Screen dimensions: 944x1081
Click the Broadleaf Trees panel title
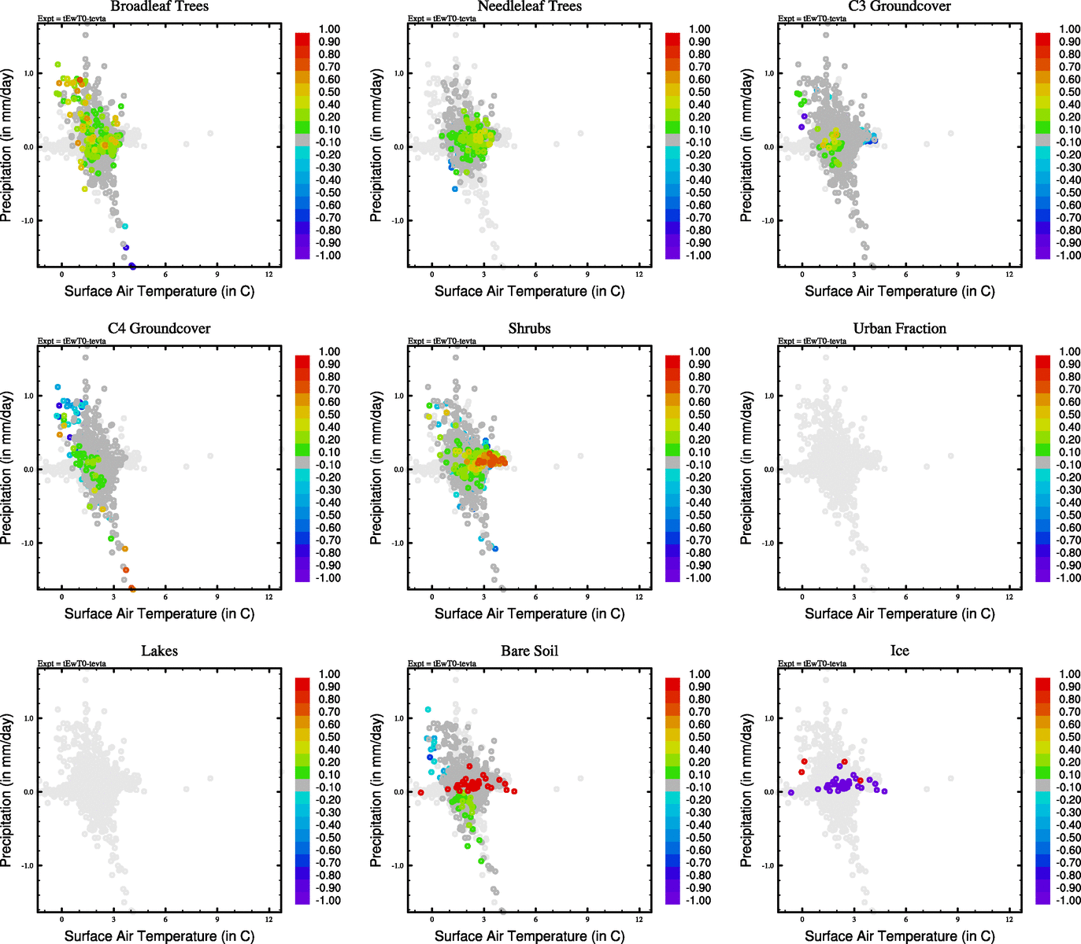[x=159, y=6]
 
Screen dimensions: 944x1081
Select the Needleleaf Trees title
[x=529, y=6]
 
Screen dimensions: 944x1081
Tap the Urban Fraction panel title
[x=899, y=329]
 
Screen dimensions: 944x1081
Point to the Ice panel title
[x=899, y=651]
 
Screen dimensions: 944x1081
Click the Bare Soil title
[x=529, y=651]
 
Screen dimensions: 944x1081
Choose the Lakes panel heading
[x=159, y=651]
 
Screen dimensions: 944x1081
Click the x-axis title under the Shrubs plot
[x=529, y=614]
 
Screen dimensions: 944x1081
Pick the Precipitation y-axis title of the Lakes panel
[x=7, y=791]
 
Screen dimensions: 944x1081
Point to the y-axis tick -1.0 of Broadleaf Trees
[x=28, y=221]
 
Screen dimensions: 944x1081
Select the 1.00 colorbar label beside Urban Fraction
[x=1069, y=352]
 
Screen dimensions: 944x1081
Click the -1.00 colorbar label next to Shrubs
[x=699, y=578]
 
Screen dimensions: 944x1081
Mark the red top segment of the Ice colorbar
[x=1042, y=683]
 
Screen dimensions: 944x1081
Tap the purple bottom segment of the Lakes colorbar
[x=302, y=898]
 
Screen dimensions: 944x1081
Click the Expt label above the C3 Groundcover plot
[x=812, y=19]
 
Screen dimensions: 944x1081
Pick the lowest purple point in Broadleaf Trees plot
[x=132, y=266]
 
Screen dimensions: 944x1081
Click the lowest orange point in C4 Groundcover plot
[x=131, y=588]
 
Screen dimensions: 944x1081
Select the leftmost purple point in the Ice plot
[x=790, y=792]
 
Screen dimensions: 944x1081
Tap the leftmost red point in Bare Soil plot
[x=420, y=792]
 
